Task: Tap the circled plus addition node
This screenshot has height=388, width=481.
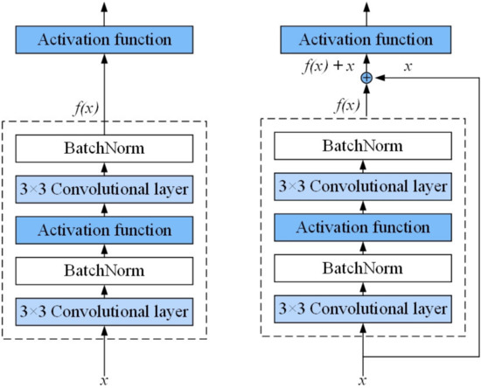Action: click(x=366, y=78)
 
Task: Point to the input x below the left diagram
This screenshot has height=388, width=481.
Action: click(x=104, y=379)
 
